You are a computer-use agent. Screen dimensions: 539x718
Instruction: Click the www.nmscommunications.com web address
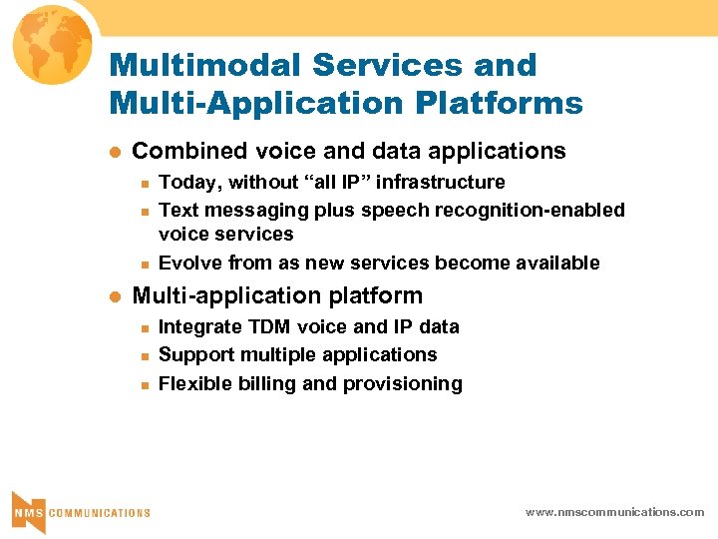[614, 511]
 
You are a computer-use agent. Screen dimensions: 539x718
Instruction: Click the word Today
[190, 183]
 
